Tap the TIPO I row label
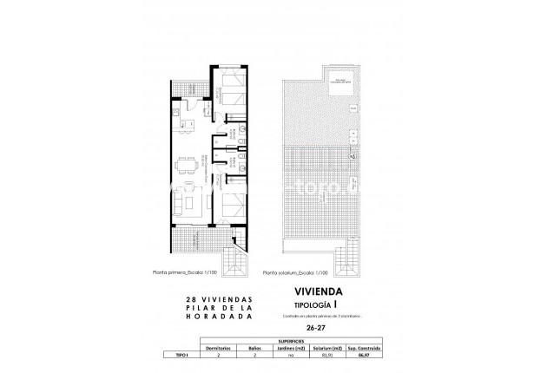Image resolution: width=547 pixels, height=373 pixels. (180, 354)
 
